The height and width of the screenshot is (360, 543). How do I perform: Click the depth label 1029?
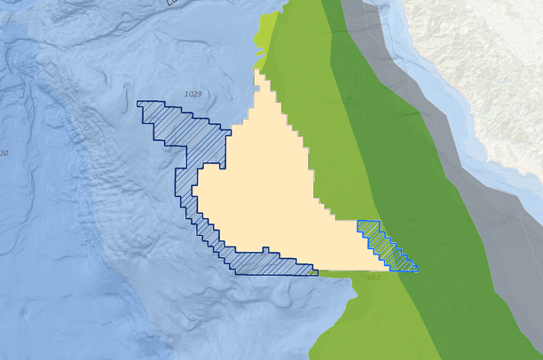(x=193, y=93)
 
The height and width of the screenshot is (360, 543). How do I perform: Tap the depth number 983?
(x=374, y=278)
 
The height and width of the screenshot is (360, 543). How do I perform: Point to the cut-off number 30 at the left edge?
(x=4, y=153)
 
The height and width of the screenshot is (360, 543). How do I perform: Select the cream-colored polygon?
(x=266, y=186)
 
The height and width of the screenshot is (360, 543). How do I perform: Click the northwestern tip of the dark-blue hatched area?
(x=139, y=103)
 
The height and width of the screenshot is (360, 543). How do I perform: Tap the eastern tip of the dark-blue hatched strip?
(x=316, y=271)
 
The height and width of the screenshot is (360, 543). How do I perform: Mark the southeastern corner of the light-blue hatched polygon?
(x=417, y=271)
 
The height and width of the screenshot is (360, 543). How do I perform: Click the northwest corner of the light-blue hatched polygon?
(x=358, y=222)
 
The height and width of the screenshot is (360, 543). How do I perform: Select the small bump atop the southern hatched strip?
(x=264, y=249)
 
